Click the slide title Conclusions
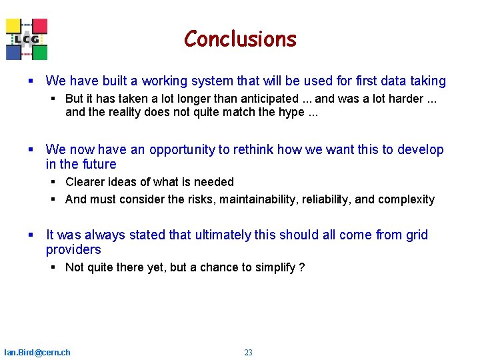(240, 39)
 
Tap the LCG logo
(27, 39)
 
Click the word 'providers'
(73, 250)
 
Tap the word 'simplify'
(273, 267)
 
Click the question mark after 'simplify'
(302, 267)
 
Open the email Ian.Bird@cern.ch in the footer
(37, 353)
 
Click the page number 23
(248, 353)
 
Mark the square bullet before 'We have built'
(31, 81)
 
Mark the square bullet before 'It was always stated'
(31, 235)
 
